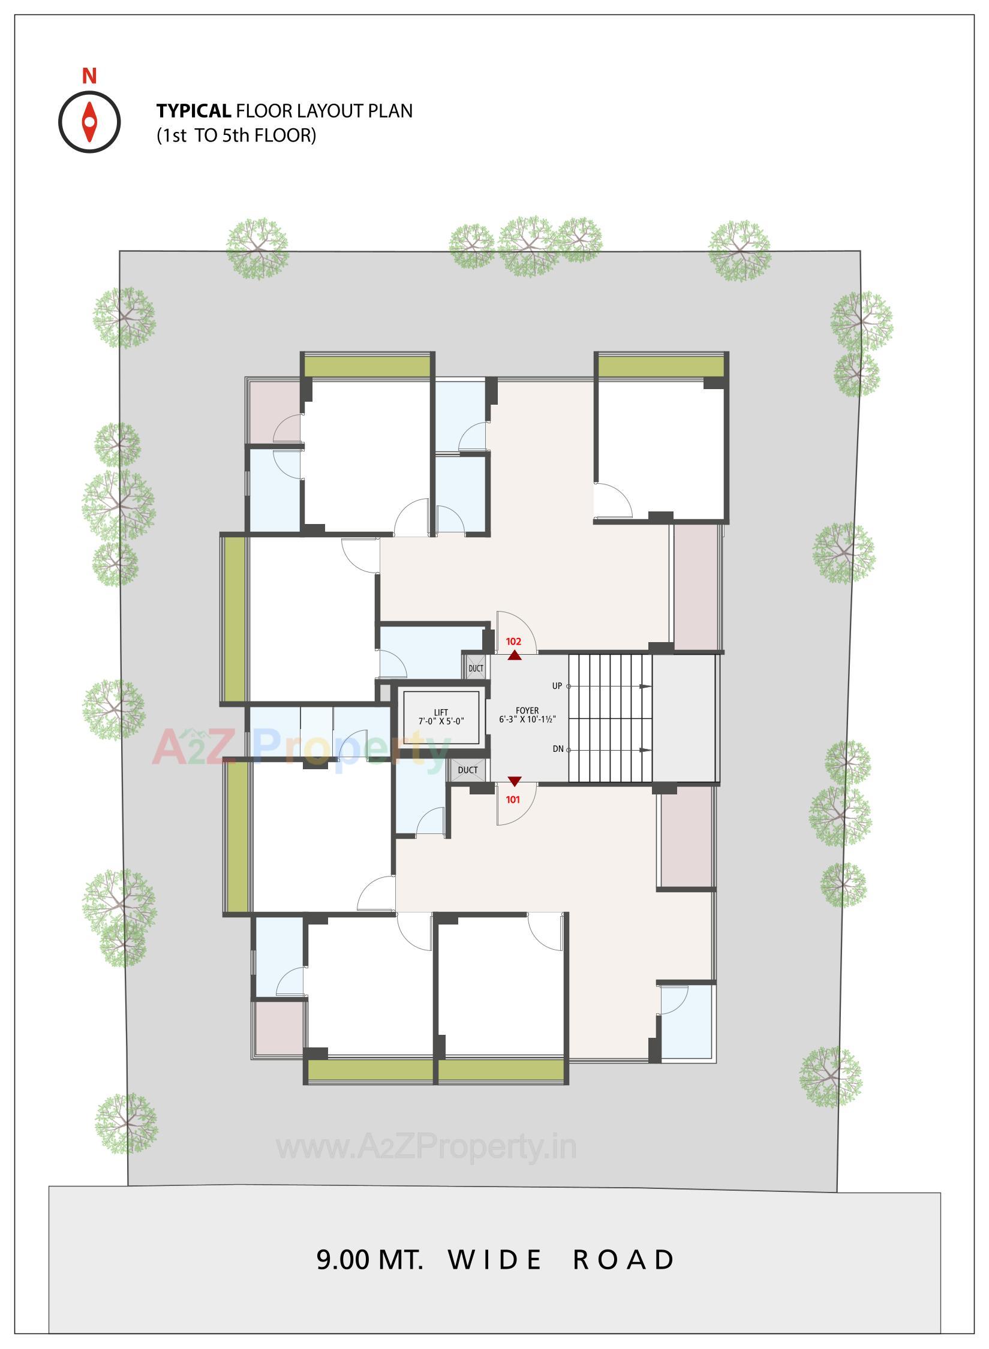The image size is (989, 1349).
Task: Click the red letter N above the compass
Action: coord(89,77)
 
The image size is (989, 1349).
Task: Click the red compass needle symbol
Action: coord(89,122)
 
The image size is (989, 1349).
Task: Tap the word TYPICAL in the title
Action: coord(193,111)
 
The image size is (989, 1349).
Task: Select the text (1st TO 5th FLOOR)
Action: coord(236,135)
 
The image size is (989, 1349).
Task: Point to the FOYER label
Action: coord(527,710)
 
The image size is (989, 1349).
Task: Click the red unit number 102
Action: coord(513,641)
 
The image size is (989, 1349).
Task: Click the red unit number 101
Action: coord(513,799)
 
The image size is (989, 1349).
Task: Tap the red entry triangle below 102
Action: coord(514,656)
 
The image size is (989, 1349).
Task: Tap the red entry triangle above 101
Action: coord(515,781)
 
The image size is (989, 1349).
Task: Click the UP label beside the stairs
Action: coord(557,686)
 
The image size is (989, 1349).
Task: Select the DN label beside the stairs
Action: coord(558,749)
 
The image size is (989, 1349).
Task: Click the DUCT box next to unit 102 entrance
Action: coord(476,668)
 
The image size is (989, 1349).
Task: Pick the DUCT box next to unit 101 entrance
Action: coord(468,770)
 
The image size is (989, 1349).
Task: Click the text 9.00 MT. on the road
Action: coord(369,1260)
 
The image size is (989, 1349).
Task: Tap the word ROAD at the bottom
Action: coord(624,1260)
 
